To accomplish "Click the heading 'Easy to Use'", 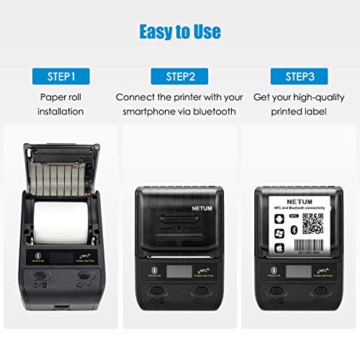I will coord(179,32).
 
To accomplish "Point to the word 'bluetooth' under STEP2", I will coord(212,112).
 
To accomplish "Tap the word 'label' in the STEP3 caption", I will coord(317,112).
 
